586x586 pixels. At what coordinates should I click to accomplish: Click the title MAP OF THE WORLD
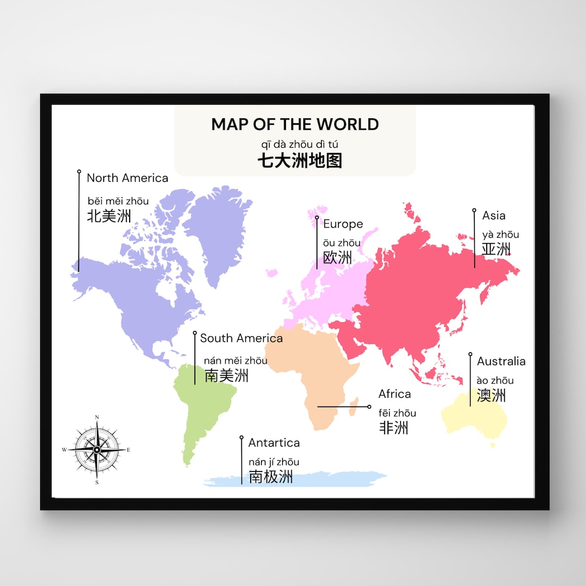coord(295,124)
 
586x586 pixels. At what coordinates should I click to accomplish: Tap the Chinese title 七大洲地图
coord(300,161)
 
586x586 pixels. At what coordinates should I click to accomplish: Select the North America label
coord(128,178)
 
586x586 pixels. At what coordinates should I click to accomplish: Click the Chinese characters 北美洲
coord(109,216)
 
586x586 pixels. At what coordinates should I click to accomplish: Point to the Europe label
coord(343,224)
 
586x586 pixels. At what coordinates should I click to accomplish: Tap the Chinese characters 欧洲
coord(337,257)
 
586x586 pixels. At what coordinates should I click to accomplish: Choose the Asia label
coord(494,215)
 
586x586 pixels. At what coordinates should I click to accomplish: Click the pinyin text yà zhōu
coord(500,234)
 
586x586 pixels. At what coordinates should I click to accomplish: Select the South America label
coord(241,338)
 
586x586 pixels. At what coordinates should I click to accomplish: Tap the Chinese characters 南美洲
coord(226,375)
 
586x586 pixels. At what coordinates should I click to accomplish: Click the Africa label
coord(394,394)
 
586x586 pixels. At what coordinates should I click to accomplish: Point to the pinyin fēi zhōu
coord(397,413)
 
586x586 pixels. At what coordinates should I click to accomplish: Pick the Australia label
coord(501,361)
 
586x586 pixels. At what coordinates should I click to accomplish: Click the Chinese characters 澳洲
coord(491,395)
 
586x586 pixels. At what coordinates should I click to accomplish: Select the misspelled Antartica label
coord(274,443)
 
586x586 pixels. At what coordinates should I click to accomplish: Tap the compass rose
coord(97,449)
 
